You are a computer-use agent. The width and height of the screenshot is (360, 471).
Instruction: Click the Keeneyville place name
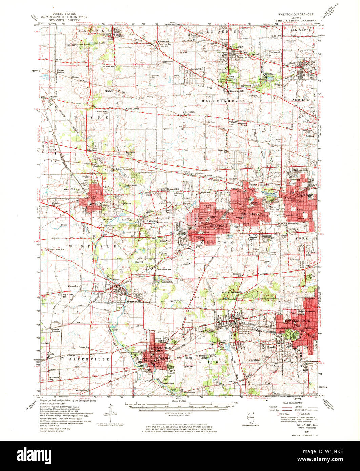196,69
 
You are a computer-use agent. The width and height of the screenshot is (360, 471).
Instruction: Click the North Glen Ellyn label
260,184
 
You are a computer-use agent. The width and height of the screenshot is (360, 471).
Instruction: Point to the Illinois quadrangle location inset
251,415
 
